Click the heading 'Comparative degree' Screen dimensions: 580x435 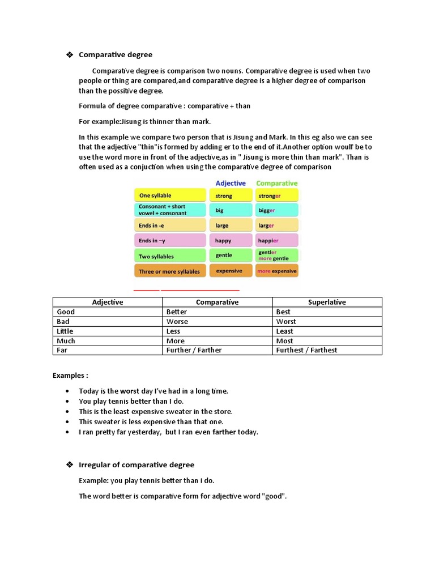[116, 55]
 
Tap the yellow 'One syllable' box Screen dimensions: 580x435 [170, 195]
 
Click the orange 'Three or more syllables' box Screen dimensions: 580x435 [170, 271]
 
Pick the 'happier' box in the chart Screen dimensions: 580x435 [276, 241]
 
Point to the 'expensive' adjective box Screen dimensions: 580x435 [230, 271]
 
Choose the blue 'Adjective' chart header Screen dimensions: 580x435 [231, 184]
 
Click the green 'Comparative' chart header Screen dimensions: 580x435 [276, 184]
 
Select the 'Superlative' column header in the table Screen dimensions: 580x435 [327, 302]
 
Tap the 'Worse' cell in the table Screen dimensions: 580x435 [177, 322]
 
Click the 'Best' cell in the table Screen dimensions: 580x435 [283, 312]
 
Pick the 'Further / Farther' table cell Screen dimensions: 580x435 [194, 351]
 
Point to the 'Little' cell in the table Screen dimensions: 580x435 [65, 331]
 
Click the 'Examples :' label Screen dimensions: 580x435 [70, 376]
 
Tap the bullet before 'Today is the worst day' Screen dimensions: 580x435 [67, 391]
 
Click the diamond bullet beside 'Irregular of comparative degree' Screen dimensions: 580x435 [70, 465]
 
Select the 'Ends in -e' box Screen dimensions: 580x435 [170, 225]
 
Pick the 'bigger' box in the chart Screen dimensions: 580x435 [276, 210]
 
